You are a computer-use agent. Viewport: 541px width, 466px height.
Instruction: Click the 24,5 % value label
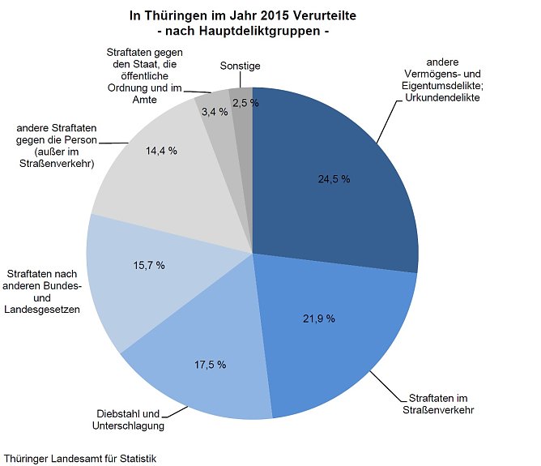pos(334,179)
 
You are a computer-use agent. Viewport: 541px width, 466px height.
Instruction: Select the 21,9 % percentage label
pos(319,318)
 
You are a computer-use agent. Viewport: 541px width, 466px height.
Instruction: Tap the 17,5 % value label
pos(210,366)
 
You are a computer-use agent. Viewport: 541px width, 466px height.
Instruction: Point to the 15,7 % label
pos(149,265)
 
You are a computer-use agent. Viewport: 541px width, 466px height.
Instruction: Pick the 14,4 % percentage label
pos(160,151)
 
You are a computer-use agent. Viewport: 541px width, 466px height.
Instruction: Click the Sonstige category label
pos(241,66)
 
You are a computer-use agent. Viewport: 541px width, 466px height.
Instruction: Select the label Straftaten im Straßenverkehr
pos(440,404)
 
